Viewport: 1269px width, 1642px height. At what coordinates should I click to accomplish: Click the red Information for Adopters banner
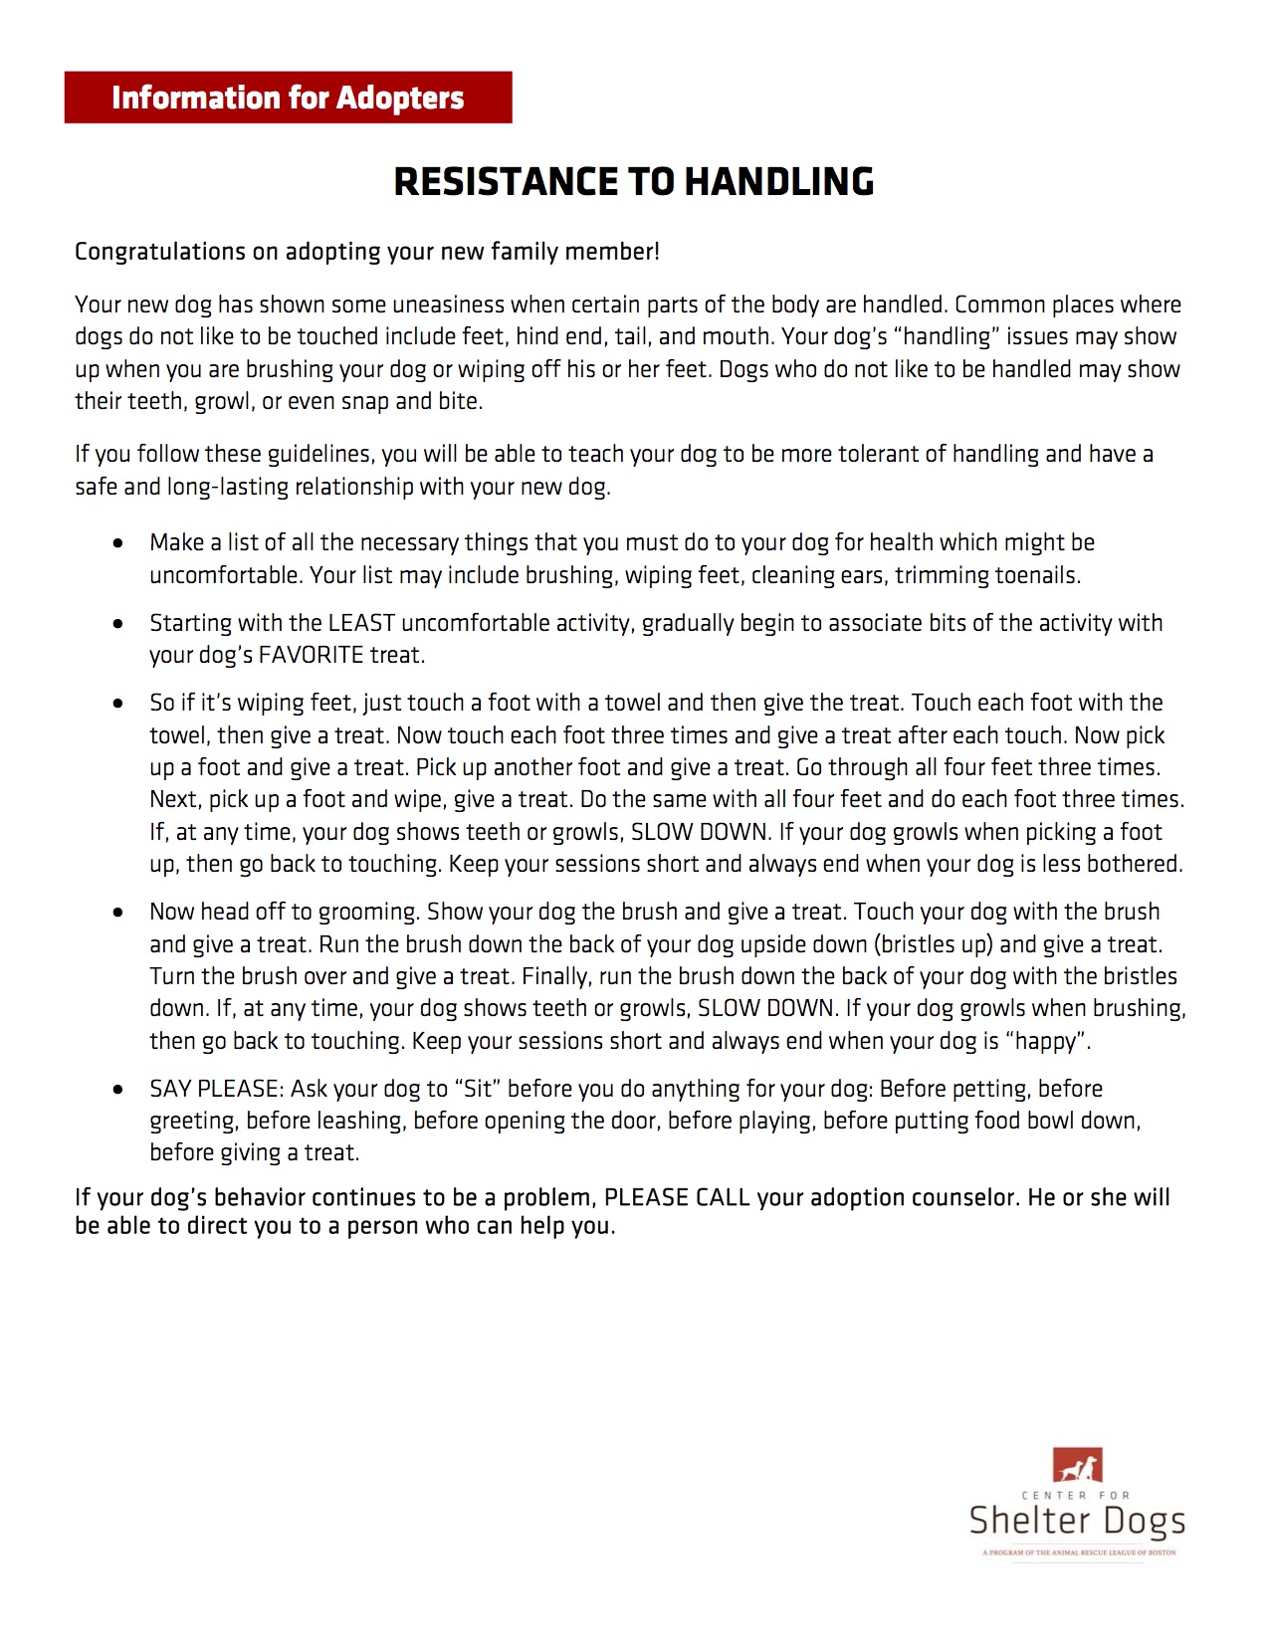pyautogui.click(x=288, y=98)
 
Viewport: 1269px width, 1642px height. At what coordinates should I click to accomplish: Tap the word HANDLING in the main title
pyautogui.click(x=779, y=182)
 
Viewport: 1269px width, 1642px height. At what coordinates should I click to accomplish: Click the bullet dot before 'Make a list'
pyautogui.click(x=119, y=543)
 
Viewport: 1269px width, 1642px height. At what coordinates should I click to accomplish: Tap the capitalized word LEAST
pyautogui.click(x=361, y=623)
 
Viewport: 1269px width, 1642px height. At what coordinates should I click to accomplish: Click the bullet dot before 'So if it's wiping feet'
pyautogui.click(x=119, y=704)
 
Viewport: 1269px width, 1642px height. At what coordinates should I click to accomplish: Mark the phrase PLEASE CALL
pyautogui.click(x=677, y=1197)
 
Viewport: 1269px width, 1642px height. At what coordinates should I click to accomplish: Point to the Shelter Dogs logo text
pyautogui.click(x=1077, y=1521)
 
